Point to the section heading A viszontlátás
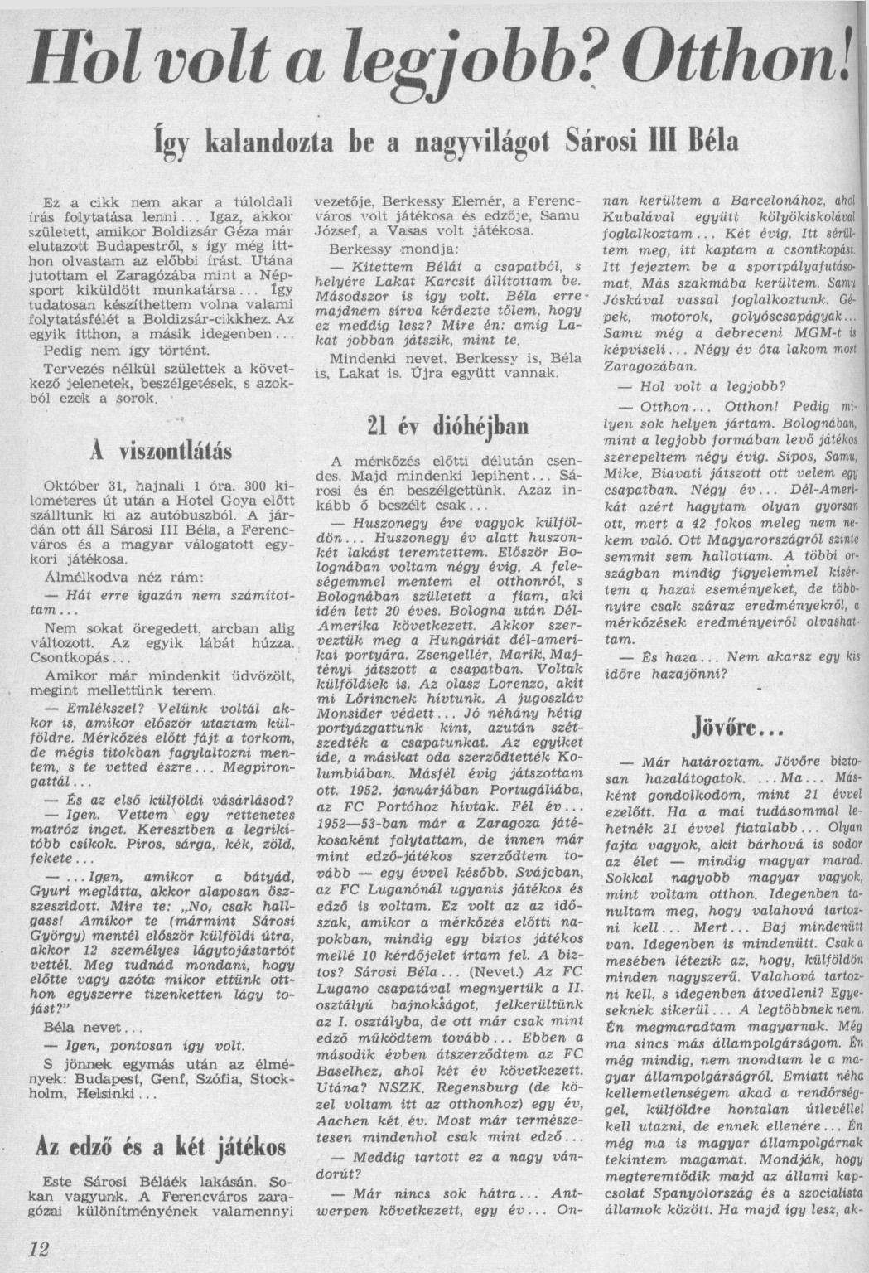160,453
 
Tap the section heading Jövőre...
725,727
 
